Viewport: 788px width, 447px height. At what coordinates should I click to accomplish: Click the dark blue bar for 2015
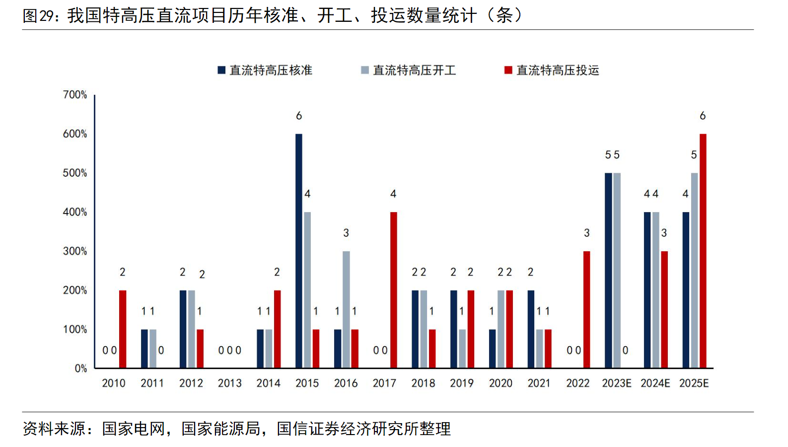click(x=299, y=251)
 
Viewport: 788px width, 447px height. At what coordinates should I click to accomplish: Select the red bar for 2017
click(x=393, y=290)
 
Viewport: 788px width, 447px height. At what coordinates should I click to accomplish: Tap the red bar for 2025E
click(x=703, y=251)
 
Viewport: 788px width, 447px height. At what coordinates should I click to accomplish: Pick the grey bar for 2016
click(x=346, y=309)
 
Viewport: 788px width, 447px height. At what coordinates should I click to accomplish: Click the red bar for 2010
click(x=123, y=329)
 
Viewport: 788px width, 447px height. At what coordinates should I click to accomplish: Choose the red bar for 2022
click(x=587, y=309)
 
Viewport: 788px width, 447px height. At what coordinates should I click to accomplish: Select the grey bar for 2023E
click(x=617, y=270)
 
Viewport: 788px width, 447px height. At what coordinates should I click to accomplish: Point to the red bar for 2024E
click(x=664, y=309)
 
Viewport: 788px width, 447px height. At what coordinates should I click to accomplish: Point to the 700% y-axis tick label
click(x=75, y=94)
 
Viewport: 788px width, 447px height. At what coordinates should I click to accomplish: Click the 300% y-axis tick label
click(x=75, y=251)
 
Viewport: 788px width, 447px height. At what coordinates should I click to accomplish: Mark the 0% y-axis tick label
click(x=80, y=369)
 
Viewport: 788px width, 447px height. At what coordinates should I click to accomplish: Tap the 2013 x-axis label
click(x=229, y=383)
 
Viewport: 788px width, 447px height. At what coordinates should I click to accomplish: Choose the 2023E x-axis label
click(x=617, y=383)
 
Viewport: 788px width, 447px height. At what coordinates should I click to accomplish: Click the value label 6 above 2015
click(x=299, y=116)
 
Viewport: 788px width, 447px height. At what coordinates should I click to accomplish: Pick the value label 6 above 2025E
click(x=703, y=116)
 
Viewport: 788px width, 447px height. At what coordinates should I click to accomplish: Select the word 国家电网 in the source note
click(x=134, y=429)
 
